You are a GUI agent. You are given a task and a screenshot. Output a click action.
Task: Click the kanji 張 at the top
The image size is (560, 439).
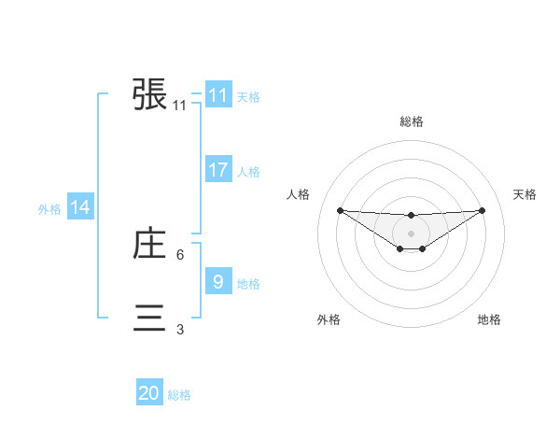tap(150, 94)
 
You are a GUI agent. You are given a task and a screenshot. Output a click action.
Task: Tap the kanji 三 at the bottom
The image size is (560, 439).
tap(150, 318)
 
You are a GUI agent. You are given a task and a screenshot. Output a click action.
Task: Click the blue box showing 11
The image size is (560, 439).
tap(218, 95)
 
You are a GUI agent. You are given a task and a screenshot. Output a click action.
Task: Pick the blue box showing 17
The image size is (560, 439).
tap(218, 170)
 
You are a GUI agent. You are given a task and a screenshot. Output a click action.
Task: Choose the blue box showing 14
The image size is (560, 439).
tap(80, 207)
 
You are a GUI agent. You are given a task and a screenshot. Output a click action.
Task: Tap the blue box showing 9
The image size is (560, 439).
tap(218, 281)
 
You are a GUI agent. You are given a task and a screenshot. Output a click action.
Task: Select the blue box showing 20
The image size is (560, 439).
tap(149, 393)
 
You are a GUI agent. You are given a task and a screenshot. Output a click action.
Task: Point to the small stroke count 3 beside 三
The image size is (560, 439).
tap(180, 329)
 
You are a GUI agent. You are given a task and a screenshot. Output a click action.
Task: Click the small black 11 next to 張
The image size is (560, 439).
tap(180, 106)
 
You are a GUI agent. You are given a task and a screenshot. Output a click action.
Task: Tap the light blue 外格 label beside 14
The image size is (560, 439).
tap(49, 209)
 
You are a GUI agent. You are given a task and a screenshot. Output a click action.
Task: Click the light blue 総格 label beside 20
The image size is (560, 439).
tap(179, 395)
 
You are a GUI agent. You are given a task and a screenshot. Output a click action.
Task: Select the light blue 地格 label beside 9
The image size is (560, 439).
tap(248, 284)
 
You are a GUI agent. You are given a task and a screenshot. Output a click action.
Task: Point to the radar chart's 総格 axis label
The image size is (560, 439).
tap(411, 121)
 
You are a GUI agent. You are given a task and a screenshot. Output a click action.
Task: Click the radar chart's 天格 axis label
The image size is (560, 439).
tap(525, 194)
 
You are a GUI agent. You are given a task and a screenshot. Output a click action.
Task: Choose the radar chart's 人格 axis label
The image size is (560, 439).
tap(298, 194)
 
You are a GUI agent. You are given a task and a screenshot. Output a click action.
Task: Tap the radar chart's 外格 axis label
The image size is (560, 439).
tap(329, 319)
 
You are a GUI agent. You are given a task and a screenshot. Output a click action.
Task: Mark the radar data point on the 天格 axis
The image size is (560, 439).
tap(482, 210)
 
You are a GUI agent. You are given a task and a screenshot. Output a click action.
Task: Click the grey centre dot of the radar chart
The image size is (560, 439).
tap(411, 234)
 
